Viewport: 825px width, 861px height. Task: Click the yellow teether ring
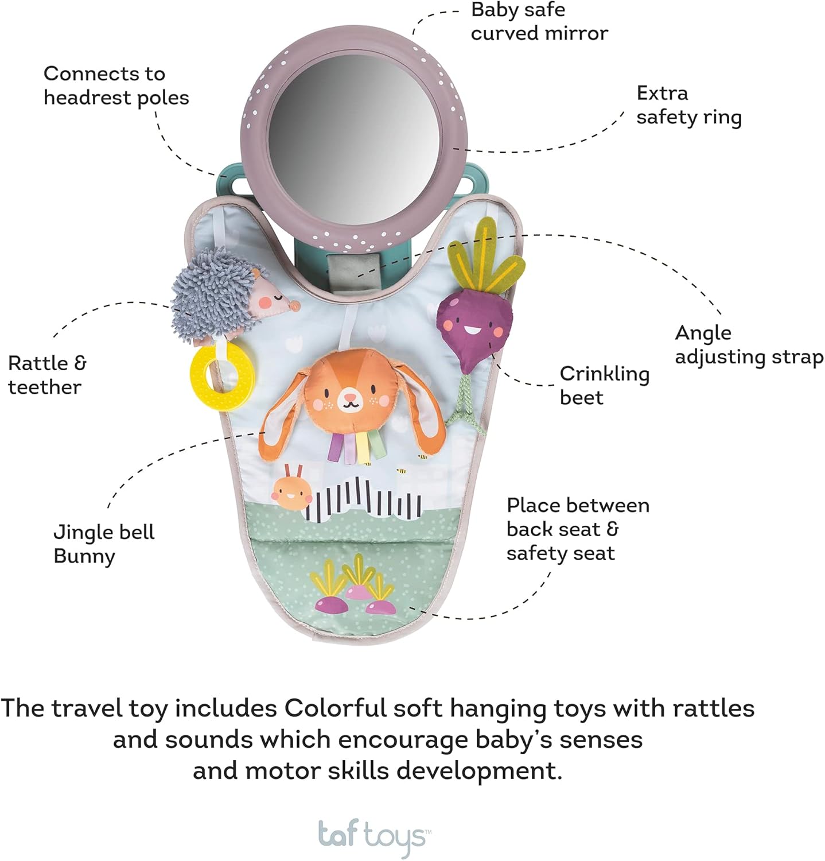point(222,374)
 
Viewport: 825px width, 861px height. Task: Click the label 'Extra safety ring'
point(688,105)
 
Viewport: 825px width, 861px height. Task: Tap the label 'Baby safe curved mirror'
point(539,22)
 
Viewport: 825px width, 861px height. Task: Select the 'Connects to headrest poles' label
point(116,86)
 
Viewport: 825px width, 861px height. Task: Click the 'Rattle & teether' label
point(46,375)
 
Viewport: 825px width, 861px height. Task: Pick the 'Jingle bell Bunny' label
point(104,544)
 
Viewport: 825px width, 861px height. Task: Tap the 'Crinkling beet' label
point(604,385)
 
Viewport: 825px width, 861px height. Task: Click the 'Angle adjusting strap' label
point(749,344)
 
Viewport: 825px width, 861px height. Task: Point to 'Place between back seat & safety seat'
point(578,529)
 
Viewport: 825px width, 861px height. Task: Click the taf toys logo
point(372,836)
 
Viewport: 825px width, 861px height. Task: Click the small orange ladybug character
point(291,491)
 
